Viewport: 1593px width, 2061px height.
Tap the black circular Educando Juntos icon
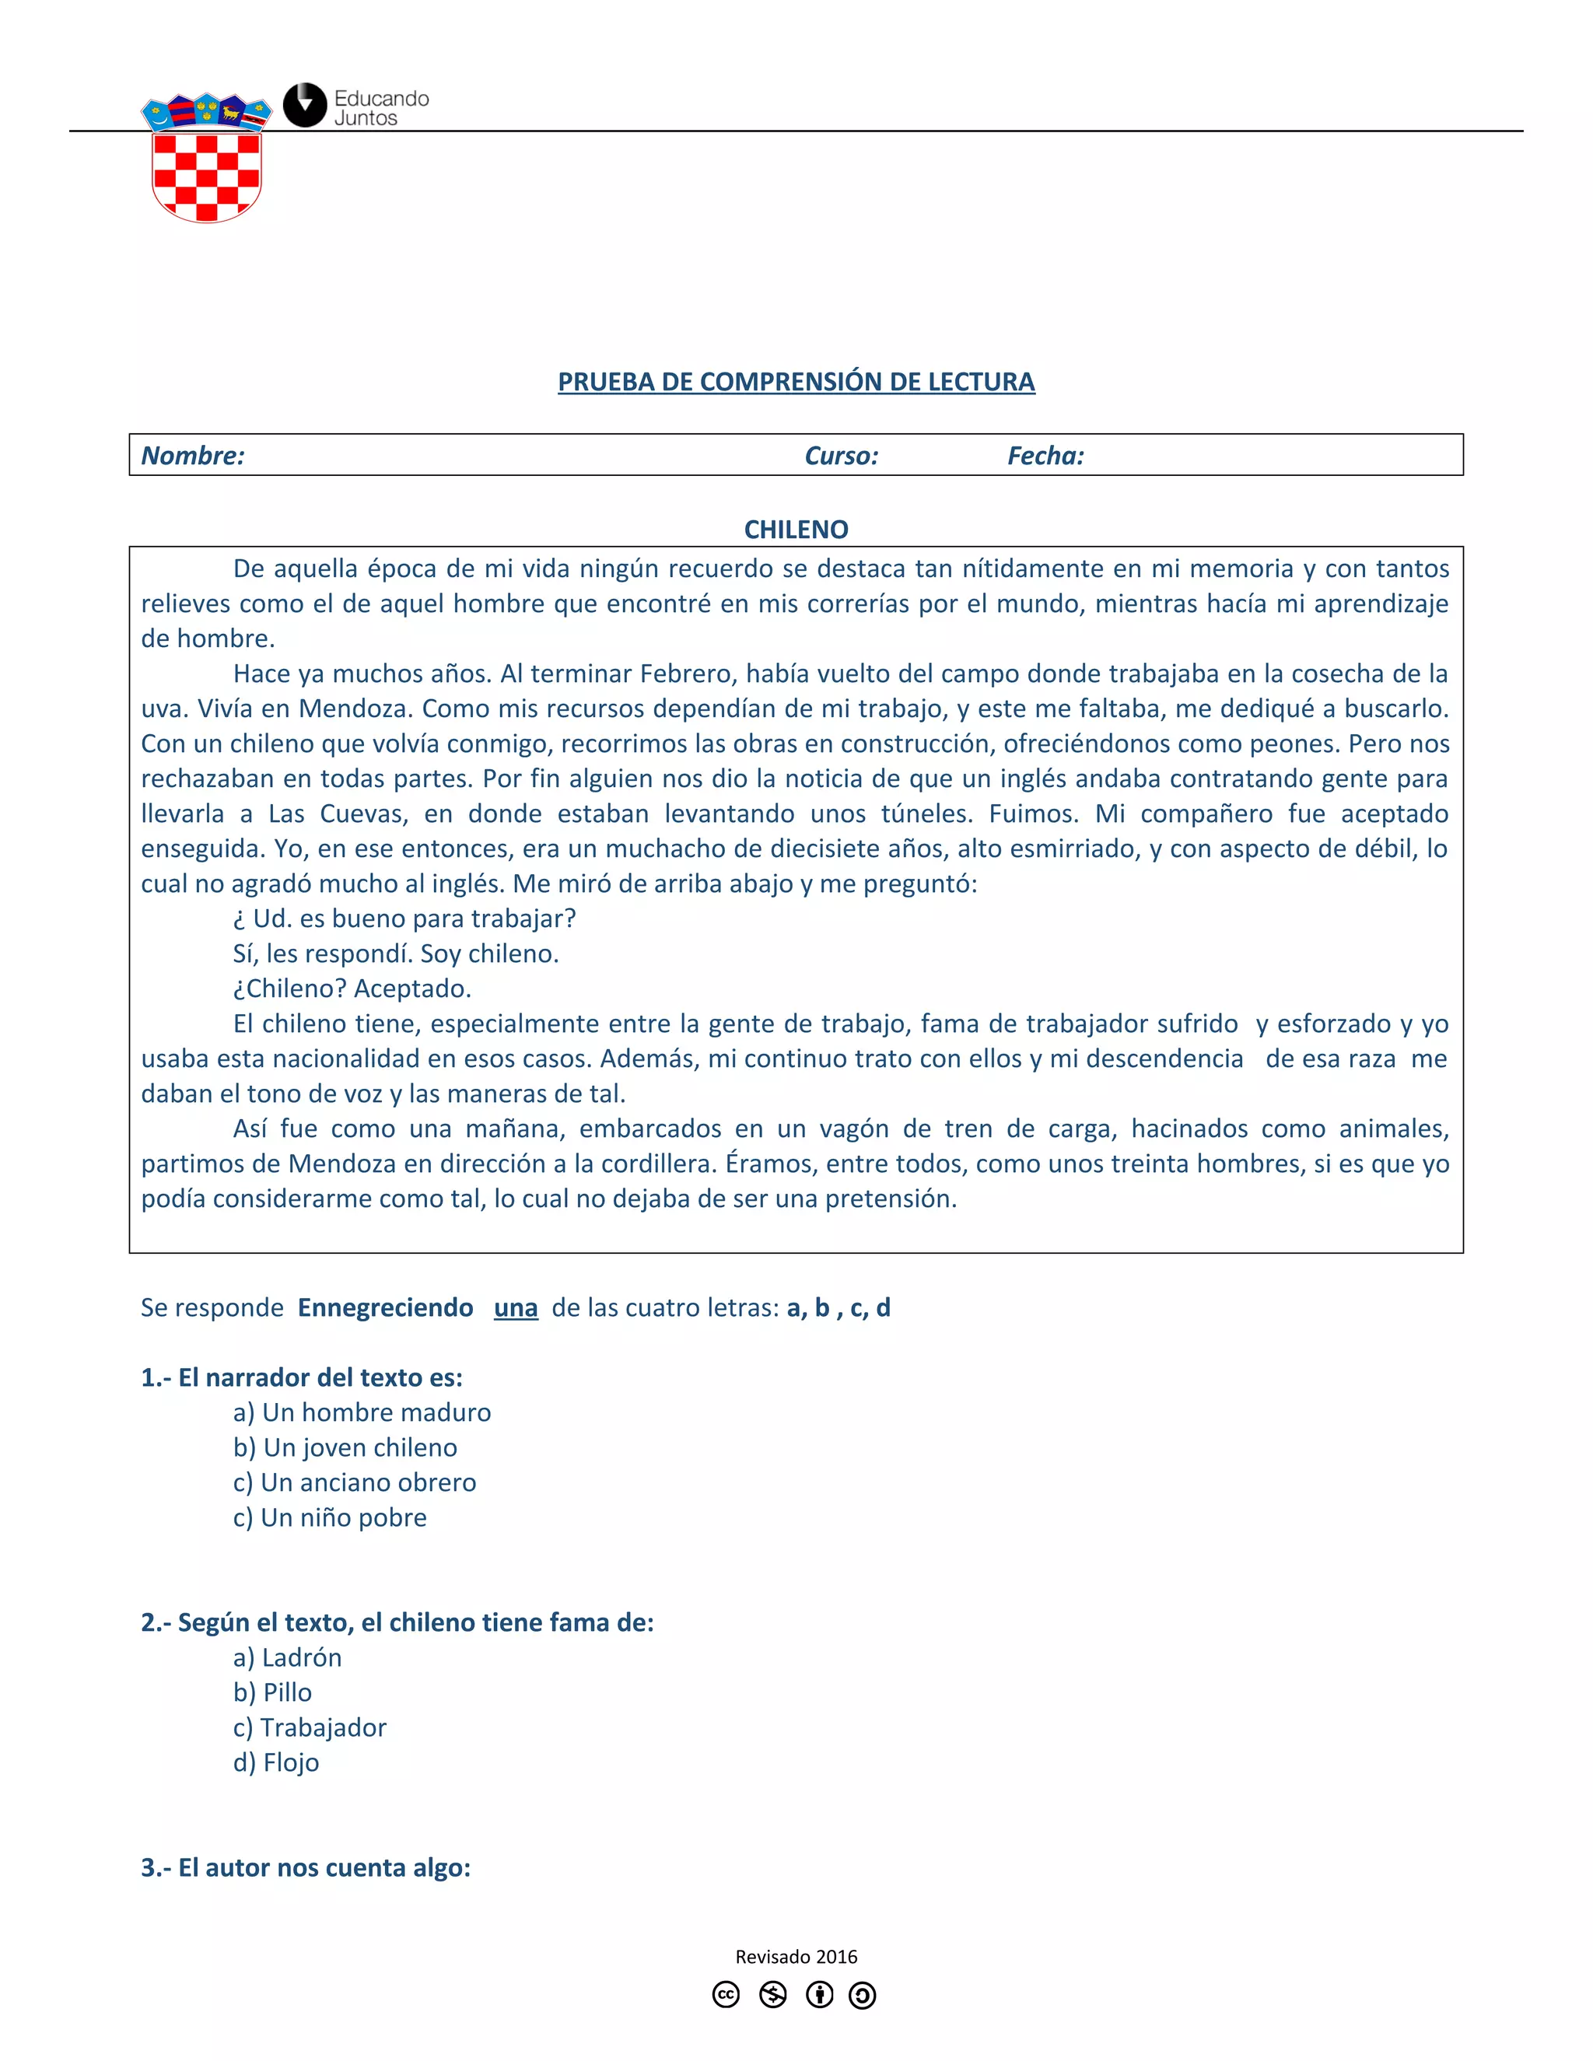click(305, 106)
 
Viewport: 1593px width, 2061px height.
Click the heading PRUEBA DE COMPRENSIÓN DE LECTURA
click(796, 381)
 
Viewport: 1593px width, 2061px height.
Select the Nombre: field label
click(193, 456)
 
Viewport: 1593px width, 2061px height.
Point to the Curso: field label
click(841, 456)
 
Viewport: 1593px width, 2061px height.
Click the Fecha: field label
click(1045, 456)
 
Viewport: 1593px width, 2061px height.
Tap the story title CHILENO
click(796, 530)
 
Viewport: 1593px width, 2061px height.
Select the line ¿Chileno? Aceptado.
click(352, 988)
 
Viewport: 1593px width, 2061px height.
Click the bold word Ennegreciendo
click(385, 1307)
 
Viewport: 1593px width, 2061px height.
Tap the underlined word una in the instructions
click(515, 1308)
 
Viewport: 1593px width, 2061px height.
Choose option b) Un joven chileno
click(345, 1447)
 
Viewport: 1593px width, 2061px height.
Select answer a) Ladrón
click(288, 1657)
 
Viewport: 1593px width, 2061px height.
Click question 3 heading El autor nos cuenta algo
click(306, 1867)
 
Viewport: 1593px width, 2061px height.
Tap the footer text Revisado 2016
click(796, 1956)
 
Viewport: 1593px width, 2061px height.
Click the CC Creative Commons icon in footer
click(726, 1994)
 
